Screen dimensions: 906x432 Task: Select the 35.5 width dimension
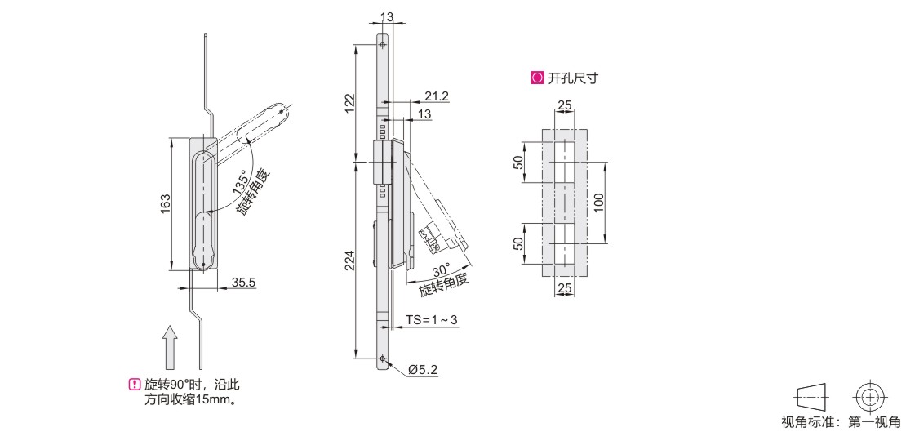click(243, 283)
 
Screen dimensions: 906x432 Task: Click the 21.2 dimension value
click(436, 96)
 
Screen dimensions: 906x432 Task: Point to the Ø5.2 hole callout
click(422, 368)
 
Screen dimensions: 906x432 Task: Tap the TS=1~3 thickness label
click(432, 320)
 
